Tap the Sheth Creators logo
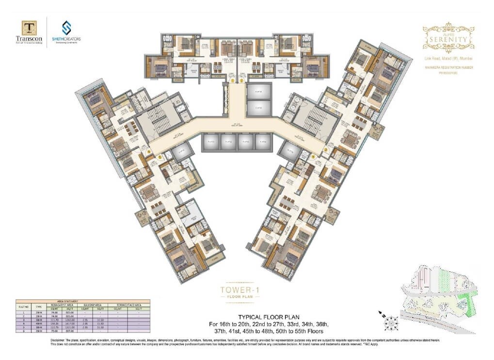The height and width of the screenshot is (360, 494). (66, 28)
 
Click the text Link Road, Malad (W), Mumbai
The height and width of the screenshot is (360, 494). (447, 58)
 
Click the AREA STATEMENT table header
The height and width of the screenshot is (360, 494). (83, 301)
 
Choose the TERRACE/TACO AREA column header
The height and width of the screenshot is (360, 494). (128, 304)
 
